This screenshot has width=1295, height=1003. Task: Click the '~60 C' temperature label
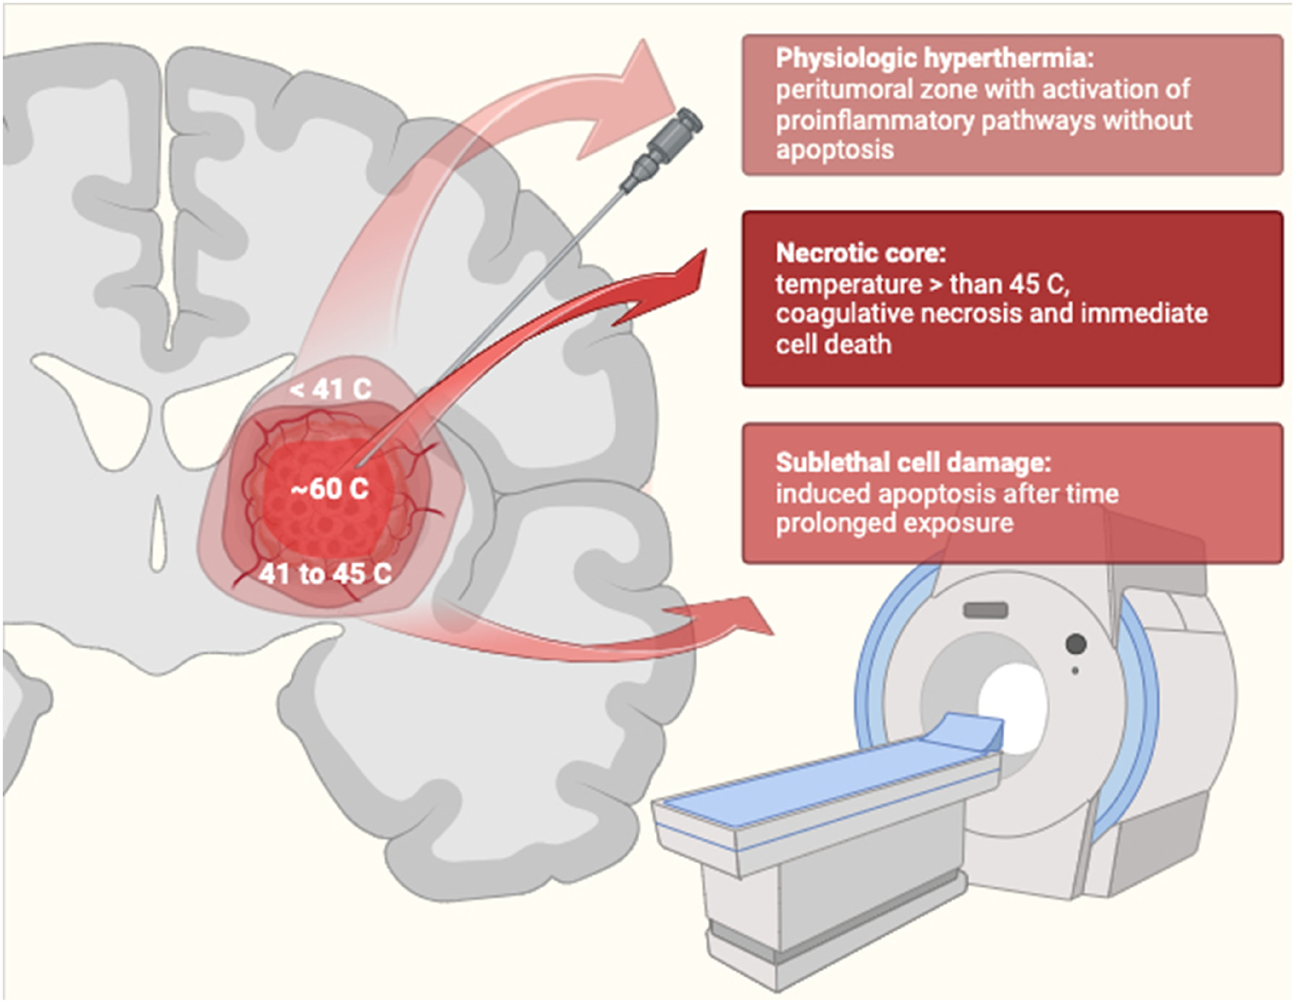pos(330,489)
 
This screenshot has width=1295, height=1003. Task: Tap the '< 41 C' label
pos(331,390)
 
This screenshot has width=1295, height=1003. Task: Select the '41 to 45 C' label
pos(325,574)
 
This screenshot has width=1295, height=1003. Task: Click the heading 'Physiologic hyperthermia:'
pos(934,59)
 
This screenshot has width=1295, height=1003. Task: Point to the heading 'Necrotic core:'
pos(860,253)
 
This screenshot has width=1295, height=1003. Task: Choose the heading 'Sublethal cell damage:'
pos(913,463)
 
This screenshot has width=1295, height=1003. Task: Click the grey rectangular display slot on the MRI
pos(986,610)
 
